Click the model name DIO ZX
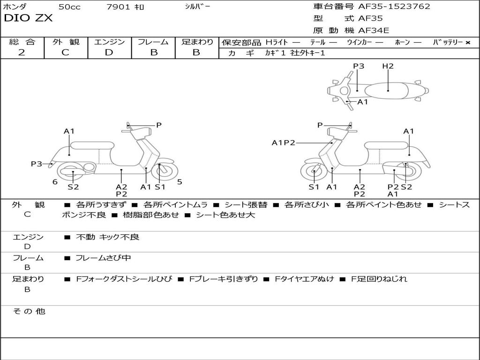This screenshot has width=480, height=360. pos(28,18)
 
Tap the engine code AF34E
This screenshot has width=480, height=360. pos(374,31)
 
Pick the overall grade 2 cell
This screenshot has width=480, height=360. pos(22,52)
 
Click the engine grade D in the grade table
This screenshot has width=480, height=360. pos(109,52)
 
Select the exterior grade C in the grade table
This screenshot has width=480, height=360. pos(65,52)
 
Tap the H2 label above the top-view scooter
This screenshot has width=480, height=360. pos(388,66)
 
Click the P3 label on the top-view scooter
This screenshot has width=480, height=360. pos(359,66)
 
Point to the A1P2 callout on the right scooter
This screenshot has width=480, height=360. pos(284,142)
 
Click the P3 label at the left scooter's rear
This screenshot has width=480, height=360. pos(37,164)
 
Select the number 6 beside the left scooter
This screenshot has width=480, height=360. pos(55,182)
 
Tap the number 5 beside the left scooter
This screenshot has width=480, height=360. pos(180,182)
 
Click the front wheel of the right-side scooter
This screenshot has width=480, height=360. pos(314,172)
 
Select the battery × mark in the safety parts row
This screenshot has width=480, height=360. pos(468,42)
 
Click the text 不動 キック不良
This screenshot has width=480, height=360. pos(107,237)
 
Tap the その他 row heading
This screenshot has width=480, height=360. pos(29,311)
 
